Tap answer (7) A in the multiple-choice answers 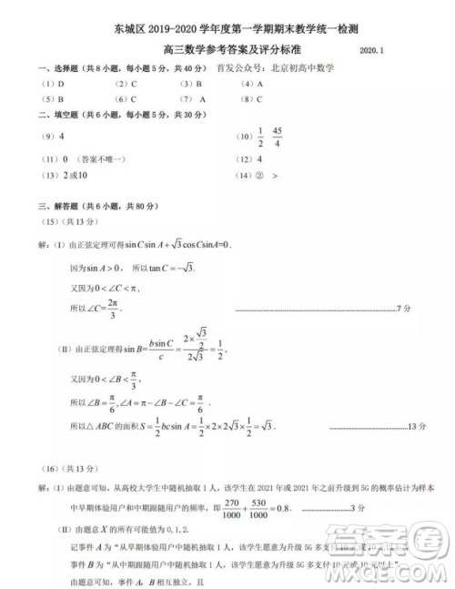click(193, 99)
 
